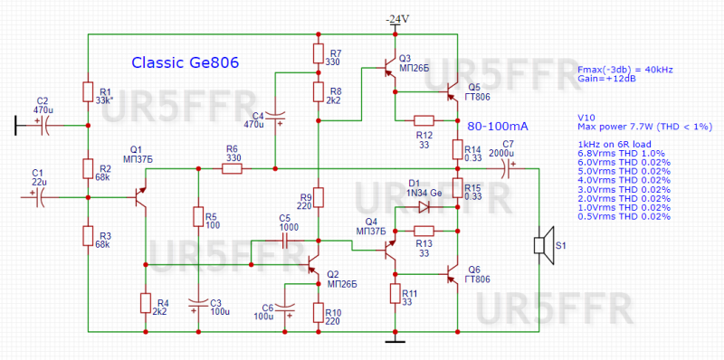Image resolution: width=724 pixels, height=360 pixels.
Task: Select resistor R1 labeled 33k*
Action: (x=88, y=92)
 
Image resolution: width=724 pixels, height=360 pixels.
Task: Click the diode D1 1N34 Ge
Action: (x=424, y=205)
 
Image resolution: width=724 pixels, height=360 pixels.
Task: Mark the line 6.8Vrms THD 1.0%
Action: (x=623, y=154)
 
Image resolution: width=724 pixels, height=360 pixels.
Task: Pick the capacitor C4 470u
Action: (x=280, y=117)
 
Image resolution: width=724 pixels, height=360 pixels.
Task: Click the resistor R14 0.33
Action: (x=458, y=150)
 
